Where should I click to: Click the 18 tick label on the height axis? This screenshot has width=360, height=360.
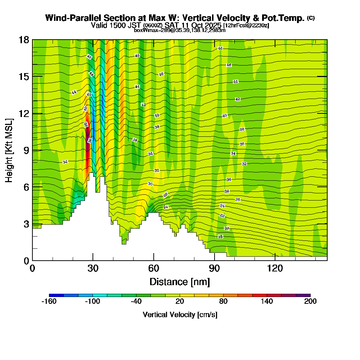(24, 40)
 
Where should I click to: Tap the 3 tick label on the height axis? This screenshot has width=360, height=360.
(26, 224)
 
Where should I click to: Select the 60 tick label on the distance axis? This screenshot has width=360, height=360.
(154, 268)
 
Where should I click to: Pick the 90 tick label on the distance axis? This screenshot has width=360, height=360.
(215, 268)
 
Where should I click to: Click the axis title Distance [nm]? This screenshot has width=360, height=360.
(180, 281)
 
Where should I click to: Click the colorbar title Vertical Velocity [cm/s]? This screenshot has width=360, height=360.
(180, 315)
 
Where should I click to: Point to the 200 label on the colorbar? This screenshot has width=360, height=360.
(310, 301)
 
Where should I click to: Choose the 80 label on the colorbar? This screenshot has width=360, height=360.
(223, 301)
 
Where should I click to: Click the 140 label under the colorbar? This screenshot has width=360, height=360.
(267, 301)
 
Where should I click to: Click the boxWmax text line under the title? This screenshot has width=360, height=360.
(180, 30)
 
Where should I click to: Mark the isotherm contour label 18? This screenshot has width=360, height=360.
(220, 237)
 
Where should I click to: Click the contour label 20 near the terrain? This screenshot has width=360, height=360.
(227, 229)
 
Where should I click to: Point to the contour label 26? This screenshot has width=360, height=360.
(238, 199)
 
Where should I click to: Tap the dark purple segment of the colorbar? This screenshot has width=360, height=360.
(303, 295)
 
